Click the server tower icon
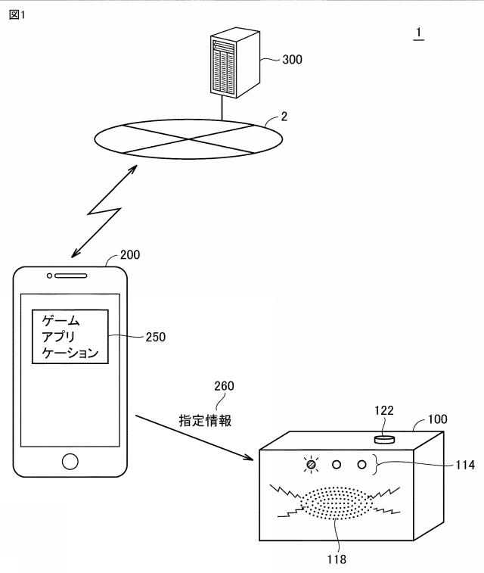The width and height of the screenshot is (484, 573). tap(231, 66)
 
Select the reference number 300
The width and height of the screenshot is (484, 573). tap(292, 59)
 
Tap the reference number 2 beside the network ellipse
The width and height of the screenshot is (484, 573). tap(284, 117)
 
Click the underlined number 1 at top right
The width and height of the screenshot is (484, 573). tap(418, 34)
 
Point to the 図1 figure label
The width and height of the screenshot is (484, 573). tap(17, 15)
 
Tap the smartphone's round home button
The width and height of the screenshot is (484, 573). tap(70, 461)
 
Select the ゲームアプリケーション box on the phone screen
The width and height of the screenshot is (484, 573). tap(70, 336)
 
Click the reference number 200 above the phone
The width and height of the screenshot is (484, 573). tap(130, 255)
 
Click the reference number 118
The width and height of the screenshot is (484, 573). tap(337, 559)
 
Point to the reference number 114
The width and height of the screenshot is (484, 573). tap(466, 466)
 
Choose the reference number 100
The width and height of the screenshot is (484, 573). tap(438, 418)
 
